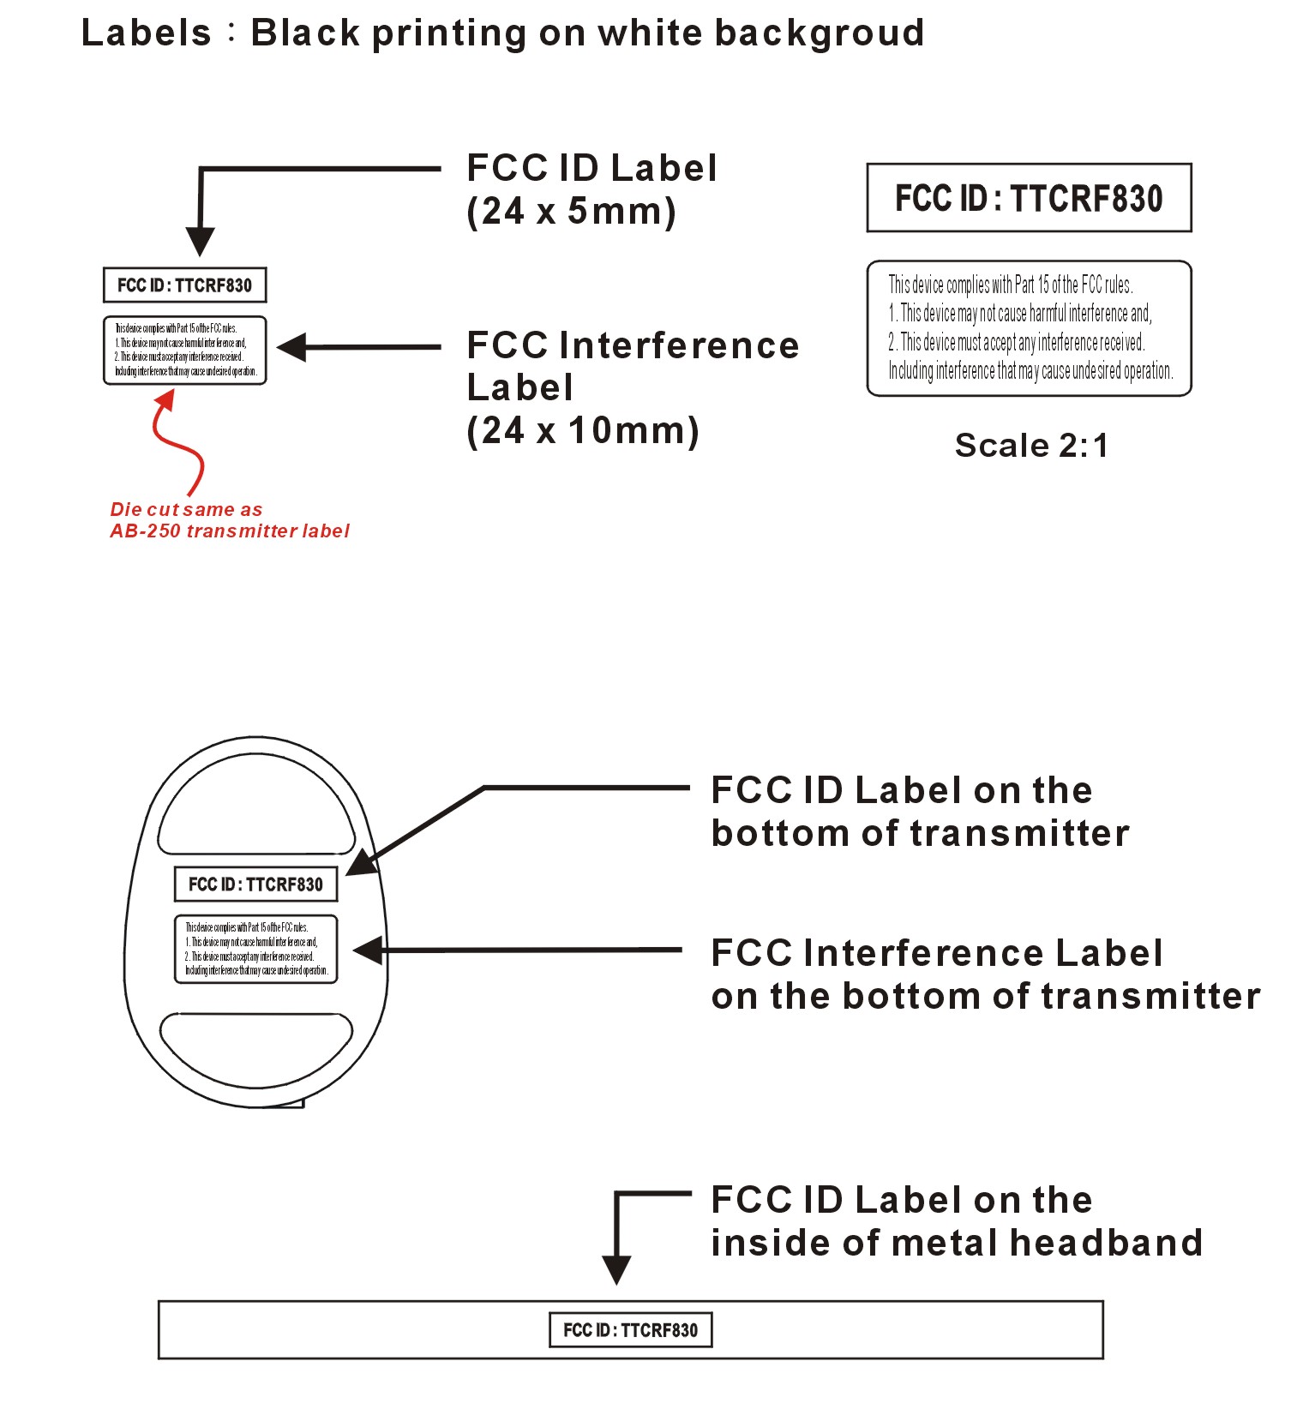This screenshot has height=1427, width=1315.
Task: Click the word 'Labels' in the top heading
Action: (x=146, y=33)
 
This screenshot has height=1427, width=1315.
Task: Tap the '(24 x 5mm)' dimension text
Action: (x=571, y=211)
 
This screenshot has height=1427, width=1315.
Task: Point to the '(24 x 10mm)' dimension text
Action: (x=583, y=430)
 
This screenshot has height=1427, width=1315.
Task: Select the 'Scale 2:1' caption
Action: (x=1031, y=446)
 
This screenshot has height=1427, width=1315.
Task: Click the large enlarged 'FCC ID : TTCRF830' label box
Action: (x=1029, y=198)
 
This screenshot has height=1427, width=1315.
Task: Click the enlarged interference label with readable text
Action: (x=1029, y=328)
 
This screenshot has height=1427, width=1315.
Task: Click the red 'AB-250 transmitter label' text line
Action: (x=230, y=531)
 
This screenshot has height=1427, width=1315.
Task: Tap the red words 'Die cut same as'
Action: (x=186, y=510)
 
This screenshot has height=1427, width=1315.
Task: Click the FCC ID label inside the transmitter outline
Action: (x=255, y=884)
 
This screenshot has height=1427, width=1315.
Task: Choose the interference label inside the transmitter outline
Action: (x=255, y=949)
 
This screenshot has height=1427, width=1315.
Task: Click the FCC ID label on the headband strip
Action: (x=630, y=1330)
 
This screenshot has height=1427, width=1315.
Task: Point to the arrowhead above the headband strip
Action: (x=616, y=1269)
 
